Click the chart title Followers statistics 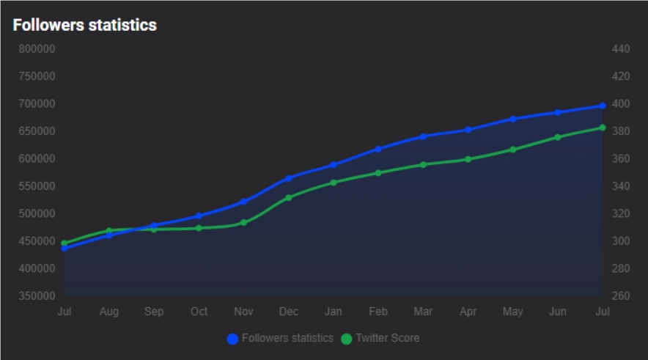coord(84,25)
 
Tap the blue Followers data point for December coord(289,178)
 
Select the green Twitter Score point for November coord(243,222)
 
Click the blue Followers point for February coord(378,149)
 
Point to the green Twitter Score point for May coord(513,150)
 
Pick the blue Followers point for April coord(468,130)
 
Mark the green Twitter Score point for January coord(334,183)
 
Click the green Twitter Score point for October coord(199,228)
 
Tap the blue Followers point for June coord(558,112)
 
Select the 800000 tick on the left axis coord(37,49)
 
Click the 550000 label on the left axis coord(37,186)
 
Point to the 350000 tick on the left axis coord(37,296)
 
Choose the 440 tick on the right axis coord(620,49)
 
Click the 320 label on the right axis coord(620,214)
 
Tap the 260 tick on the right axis coord(620,296)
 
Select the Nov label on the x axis coord(243,312)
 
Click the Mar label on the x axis coord(423,312)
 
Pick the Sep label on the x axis coord(154,312)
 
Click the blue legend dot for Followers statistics coord(233,339)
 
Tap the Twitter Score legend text coord(387,339)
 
